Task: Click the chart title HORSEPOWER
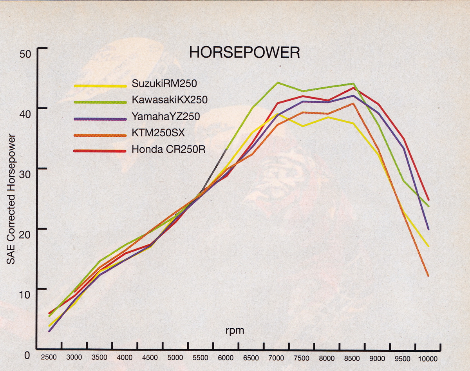(x=244, y=52)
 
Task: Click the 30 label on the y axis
(x=25, y=169)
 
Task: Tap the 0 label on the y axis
(x=27, y=355)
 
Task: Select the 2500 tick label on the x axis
(x=49, y=358)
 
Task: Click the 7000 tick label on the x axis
(x=277, y=358)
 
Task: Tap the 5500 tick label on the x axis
(x=201, y=358)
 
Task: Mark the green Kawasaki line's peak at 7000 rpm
(x=277, y=83)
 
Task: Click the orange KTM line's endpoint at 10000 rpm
(x=428, y=276)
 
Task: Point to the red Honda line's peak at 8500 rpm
(x=353, y=88)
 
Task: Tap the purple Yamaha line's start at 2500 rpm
(x=49, y=331)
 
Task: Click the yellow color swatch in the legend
(x=100, y=85)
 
